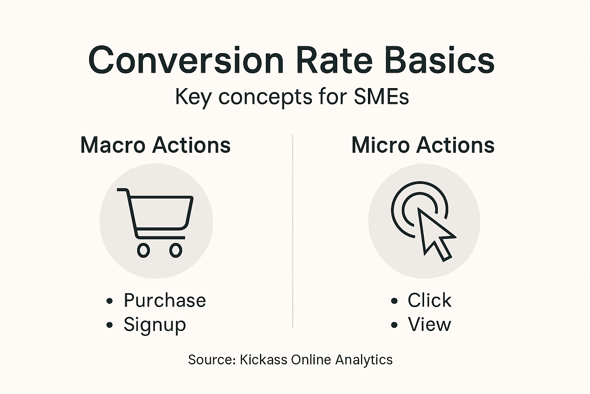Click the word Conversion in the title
coord(186,61)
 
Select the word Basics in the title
coord(439,61)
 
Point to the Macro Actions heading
coord(155,145)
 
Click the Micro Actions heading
coord(423,145)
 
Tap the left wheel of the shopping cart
coord(143,250)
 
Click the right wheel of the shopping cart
coord(176,250)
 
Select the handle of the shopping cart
coord(122,190)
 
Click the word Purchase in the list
coord(165,301)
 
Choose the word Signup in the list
coord(154,324)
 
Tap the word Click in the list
coord(429,301)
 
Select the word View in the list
coord(429,324)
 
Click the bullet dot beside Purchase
coord(110,301)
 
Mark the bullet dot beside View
coord(394,325)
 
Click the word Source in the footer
coord(211,360)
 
